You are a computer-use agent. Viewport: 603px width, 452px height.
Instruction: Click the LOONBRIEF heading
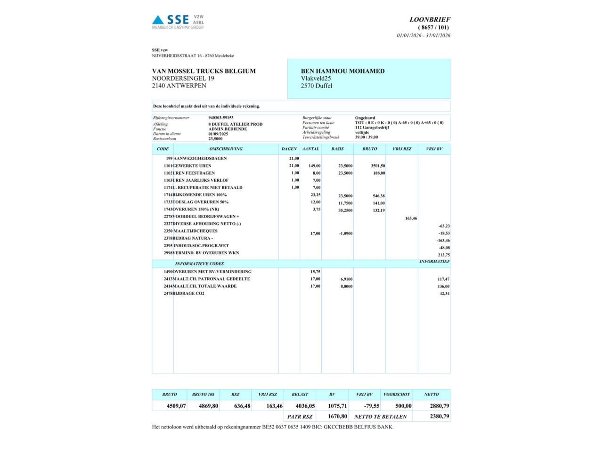click(x=430, y=20)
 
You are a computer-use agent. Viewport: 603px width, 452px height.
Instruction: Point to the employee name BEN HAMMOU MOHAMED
click(x=342, y=71)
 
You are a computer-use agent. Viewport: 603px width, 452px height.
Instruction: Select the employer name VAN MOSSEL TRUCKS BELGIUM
click(x=204, y=71)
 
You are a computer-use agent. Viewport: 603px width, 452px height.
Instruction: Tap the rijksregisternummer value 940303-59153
click(x=221, y=118)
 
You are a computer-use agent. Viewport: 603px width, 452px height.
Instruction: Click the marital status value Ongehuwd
click(x=365, y=118)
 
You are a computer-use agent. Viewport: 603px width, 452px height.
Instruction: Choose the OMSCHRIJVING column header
click(x=226, y=149)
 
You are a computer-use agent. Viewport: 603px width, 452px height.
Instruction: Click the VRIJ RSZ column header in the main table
click(x=401, y=149)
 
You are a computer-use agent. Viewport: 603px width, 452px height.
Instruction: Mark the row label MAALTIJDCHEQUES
click(x=196, y=231)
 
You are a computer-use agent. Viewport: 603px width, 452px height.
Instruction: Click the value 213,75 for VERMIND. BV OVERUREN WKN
click(x=444, y=255)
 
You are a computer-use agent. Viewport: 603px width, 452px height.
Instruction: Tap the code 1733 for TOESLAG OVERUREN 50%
click(x=168, y=202)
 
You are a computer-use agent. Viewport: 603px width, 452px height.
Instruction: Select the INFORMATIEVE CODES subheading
click(x=199, y=264)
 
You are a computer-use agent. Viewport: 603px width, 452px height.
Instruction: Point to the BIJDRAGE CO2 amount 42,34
click(x=444, y=294)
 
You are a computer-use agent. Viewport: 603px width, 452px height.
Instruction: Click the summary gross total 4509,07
click(x=176, y=406)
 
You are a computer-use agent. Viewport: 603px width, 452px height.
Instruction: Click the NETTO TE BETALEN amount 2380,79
click(x=439, y=416)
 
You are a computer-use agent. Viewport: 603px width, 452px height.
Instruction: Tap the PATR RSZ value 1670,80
click(x=337, y=416)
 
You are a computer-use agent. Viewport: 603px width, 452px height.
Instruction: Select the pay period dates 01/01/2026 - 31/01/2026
click(x=424, y=36)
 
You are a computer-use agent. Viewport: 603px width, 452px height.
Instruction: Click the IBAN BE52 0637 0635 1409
click(x=286, y=427)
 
